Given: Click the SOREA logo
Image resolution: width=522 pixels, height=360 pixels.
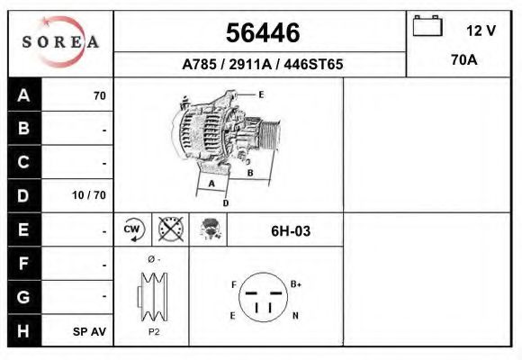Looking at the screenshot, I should [x=60, y=42].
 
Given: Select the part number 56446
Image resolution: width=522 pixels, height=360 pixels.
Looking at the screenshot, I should [x=262, y=33].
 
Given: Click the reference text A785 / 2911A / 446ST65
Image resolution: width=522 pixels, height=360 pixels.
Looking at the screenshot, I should [x=262, y=65].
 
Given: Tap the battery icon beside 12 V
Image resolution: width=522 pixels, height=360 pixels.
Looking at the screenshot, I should [x=426, y=26].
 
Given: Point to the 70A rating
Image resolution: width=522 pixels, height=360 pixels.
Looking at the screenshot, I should [x=463, y=61].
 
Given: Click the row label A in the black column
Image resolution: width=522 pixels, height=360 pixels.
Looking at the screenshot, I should [x=24, y=95].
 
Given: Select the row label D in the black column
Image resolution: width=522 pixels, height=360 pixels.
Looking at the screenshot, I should [x=24, y=195].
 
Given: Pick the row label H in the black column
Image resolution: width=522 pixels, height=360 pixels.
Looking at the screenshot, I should [x=24, y=331].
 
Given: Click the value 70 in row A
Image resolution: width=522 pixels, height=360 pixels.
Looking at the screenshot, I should [x=99, y=95].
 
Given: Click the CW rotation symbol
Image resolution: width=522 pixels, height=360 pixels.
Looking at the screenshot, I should [x=133, y=229].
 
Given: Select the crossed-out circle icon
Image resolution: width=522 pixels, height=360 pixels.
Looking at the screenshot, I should [x=169, y=229].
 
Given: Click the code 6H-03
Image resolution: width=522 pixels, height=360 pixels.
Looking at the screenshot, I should [x=291, y=231].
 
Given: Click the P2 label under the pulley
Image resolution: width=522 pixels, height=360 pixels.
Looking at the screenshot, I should [x=152, y=331].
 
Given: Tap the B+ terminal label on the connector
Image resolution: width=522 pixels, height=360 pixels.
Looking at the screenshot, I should [x=296, y=283].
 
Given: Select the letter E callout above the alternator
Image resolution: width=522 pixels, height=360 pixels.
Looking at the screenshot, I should [x=261, y=94].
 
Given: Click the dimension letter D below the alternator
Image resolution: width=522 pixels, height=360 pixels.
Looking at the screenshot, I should [x=225, y=203].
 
